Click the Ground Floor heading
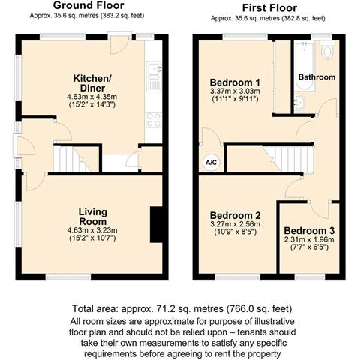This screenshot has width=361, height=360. [89, 5]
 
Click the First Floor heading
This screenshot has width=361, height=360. [269, 8]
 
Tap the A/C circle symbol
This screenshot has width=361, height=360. [212, 163]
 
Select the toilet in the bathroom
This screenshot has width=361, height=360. [327, 50]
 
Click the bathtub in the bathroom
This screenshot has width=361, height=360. [304, 66]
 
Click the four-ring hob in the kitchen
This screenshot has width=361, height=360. [154, 120]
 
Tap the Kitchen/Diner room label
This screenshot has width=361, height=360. [92, 83]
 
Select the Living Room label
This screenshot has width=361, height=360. [93, 217]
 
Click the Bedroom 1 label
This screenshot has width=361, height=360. [235, 82]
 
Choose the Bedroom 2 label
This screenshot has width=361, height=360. [235, 215]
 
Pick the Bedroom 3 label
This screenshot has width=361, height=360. [309, 230]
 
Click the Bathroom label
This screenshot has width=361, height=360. [317, 77]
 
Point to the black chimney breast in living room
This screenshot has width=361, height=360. [157, 224]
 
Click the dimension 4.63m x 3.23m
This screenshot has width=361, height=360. [92, 230]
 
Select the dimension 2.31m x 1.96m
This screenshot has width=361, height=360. [309, 239]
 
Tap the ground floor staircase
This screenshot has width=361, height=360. [76, 160]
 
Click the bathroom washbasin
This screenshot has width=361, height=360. [299, 103]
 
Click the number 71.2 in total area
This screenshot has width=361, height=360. [165, 309]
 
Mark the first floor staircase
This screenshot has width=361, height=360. [271, 160]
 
